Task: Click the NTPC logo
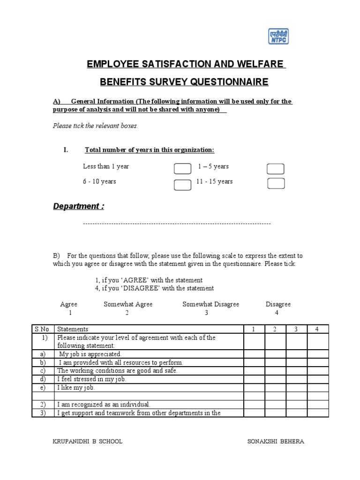point(278,36)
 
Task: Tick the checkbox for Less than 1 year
point(182,169)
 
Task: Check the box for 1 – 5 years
point(276,169)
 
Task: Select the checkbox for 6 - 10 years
point(182,185)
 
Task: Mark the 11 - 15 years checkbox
point(276,183)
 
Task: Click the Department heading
point(78,207)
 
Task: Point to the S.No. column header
point(43,329)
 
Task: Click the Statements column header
point(73,329)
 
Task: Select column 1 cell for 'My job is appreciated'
point(253,354)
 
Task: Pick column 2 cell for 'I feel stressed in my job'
point(275,379)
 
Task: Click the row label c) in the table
point(43,370)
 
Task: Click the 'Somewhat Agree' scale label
point(128,304)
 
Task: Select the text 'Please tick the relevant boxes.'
point(95,126)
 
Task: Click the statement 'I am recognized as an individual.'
point(104,404)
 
